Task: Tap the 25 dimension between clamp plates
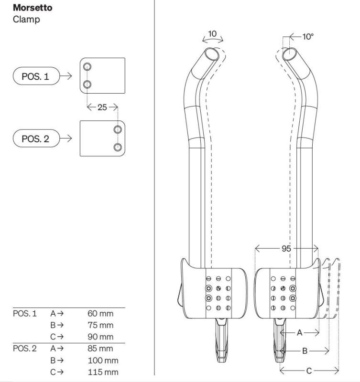point(102,107)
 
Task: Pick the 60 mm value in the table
point(100,314)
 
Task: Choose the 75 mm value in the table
point(100,325)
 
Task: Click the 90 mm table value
point(100,336)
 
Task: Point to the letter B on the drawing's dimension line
point(305,350)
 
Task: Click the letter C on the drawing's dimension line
point(309,370)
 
